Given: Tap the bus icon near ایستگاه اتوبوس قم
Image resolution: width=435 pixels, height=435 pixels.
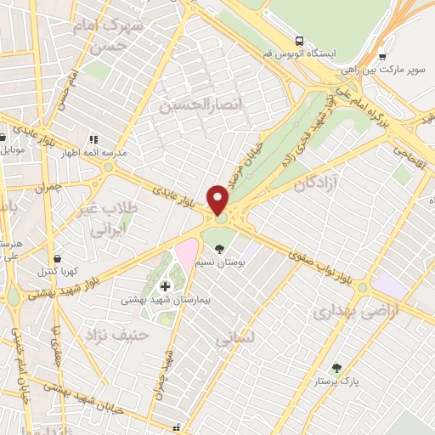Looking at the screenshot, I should (299, 40).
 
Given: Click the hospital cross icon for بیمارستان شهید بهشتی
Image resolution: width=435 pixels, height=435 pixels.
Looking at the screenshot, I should (165, 285).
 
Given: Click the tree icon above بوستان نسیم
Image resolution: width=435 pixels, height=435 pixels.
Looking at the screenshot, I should (221, 250).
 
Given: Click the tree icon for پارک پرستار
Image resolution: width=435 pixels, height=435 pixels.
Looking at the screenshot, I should (337, 369).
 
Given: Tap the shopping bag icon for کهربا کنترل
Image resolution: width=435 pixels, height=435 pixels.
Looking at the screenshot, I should (56, 257).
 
